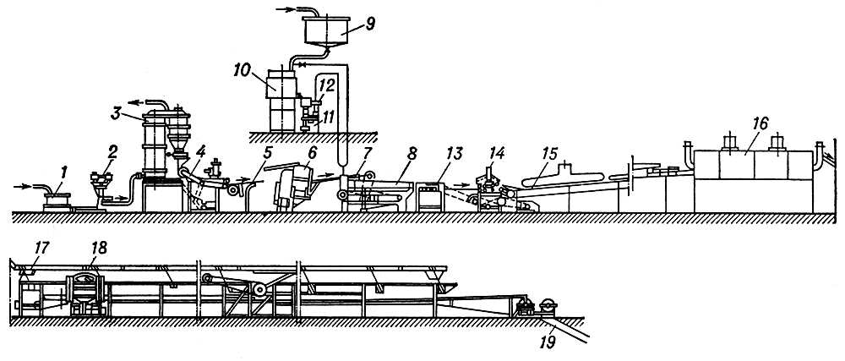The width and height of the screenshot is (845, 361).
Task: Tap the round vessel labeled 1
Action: coord(57,201)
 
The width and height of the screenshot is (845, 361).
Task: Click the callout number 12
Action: coord(327,85)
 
